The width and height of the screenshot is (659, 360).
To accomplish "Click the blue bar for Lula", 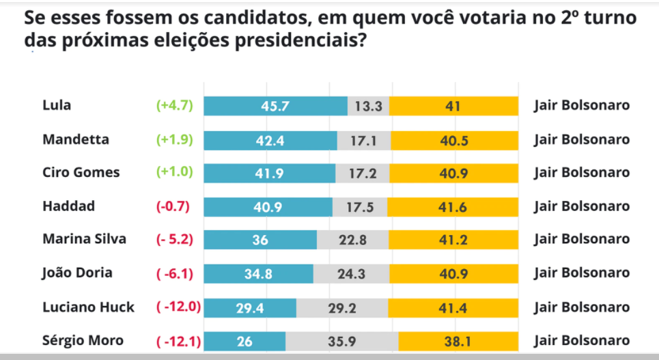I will coord(276,106).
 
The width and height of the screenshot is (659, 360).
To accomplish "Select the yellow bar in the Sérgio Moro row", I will coord(458,340).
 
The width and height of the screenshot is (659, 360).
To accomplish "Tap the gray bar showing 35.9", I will coord(341,340).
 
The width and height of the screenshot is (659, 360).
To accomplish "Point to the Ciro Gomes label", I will coord(81,173).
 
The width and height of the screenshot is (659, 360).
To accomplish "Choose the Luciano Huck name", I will coord(88,307).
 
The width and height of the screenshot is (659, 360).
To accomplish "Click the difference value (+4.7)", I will coord(176,106).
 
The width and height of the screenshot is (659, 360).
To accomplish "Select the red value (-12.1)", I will coord(178,340).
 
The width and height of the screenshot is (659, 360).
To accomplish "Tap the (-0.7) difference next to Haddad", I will coord(176,206).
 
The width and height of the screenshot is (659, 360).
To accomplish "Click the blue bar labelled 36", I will coord(260,240).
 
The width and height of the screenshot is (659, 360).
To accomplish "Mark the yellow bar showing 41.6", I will coord(452,206).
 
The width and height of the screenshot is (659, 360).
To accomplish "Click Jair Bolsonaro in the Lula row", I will coord(581,106).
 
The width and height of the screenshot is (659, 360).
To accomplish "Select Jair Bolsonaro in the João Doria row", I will coord(581,273).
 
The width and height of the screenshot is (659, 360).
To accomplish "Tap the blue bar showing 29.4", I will coord(250,307).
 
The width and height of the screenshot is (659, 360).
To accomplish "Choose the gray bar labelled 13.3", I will coord(369,106).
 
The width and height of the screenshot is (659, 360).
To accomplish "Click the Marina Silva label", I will coord(85,240).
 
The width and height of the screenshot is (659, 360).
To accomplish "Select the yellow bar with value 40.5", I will coord(454,139).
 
